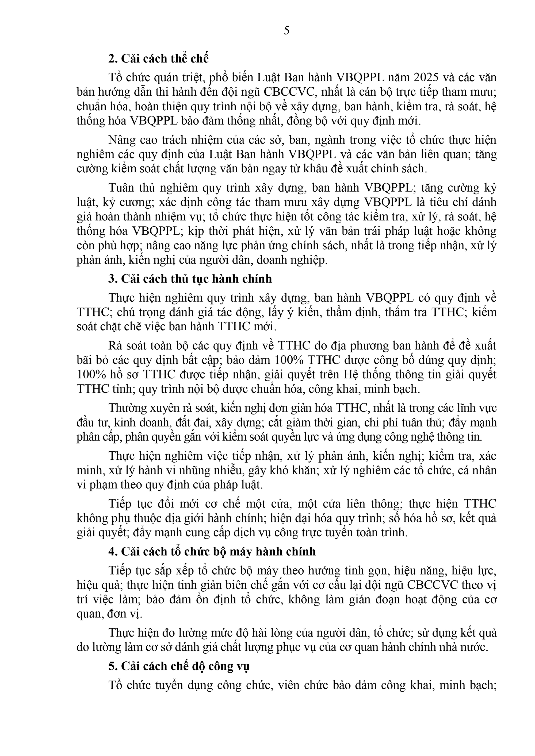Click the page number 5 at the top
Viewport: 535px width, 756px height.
286,31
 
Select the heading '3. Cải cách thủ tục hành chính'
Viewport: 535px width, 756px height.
190,278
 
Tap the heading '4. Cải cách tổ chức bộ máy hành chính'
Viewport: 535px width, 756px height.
212,551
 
